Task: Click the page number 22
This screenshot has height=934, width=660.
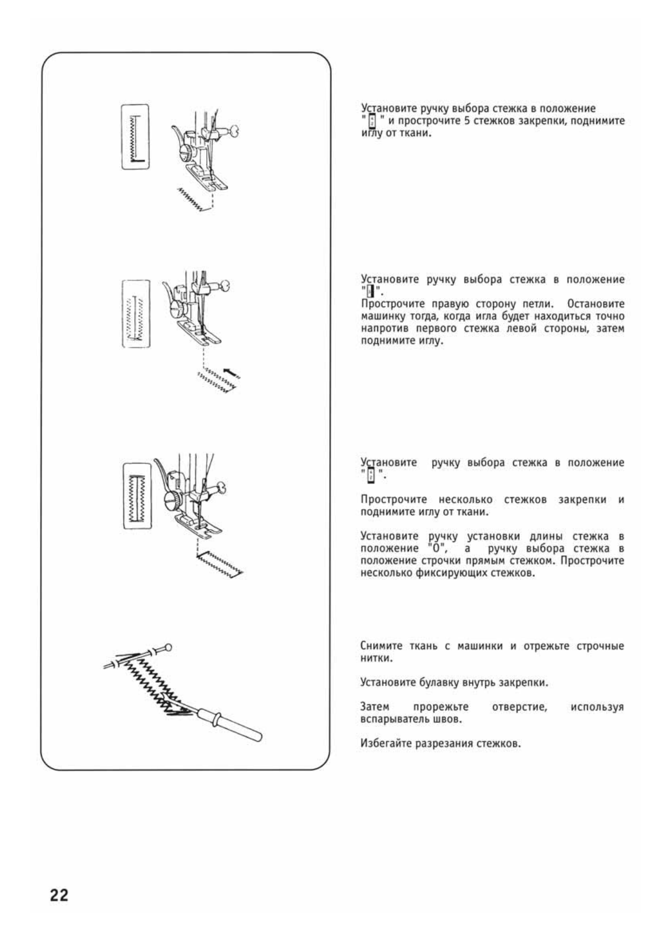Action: coord(59,895)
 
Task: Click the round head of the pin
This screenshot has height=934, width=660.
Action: coord(168,646)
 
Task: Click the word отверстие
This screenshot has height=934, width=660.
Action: coord(519,707)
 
